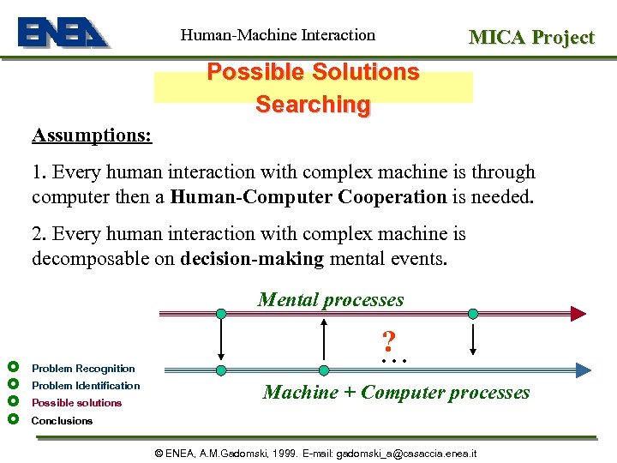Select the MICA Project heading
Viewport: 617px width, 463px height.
[530, 37]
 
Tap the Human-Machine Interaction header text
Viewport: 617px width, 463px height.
[278, 35]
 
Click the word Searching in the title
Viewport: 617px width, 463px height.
[313, 105]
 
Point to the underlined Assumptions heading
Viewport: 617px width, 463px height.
[93, 135]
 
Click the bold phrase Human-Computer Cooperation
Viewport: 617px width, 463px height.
[308, 196]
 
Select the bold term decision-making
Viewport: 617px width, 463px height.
[252, 258]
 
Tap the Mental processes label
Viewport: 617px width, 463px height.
[331, 299]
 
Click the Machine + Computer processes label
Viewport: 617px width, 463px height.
[396, 392]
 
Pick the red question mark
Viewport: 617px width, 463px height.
[389, 342]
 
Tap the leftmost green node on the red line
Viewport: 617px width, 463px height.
[221, 314]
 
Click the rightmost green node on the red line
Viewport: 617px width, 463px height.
[472, 314]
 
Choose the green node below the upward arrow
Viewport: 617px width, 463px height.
[324, 370]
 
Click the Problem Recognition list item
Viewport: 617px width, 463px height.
[83, 368]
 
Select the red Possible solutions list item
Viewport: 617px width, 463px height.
[76, 402]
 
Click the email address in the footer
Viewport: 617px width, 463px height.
[406, 453]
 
